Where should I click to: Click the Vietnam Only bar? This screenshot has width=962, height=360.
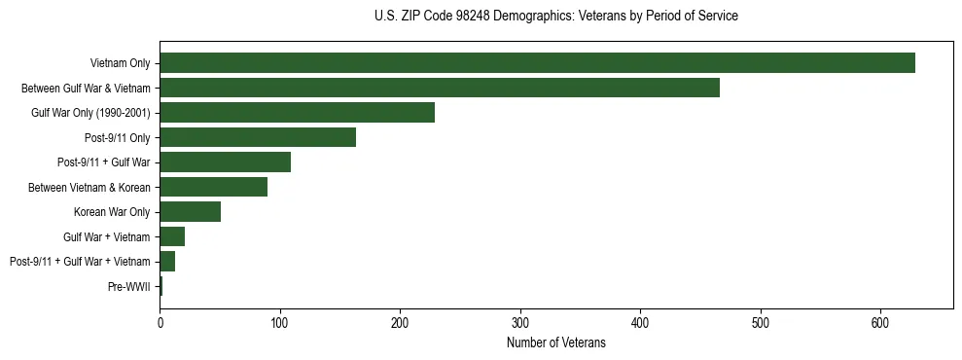537,63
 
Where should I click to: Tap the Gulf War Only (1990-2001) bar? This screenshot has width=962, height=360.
297,112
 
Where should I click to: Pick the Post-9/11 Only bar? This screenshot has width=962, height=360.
258,137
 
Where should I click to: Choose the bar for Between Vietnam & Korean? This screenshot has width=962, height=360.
213,187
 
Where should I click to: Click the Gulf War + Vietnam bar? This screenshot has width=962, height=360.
172,236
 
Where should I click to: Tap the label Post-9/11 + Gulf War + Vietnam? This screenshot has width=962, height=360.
80,262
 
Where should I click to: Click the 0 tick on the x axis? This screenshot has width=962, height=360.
160,323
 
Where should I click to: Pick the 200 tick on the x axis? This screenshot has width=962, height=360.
400,323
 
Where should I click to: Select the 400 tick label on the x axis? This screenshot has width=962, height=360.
640,323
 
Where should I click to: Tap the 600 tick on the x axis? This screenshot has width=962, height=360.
880,323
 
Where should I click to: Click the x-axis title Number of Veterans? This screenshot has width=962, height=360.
555,342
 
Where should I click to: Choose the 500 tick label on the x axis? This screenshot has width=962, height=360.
761,323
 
